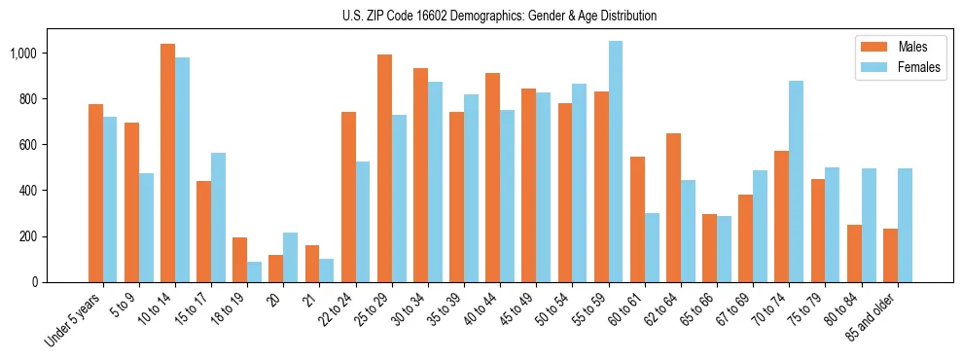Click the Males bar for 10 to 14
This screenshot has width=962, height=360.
(x=167, y=162)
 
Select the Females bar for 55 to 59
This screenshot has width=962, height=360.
(x=616, y=162)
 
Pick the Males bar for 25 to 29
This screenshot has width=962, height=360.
(x=384, y=168)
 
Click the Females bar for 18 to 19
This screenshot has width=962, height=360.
(x=254, y=271)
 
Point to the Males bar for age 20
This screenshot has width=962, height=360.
(x=275, y=269)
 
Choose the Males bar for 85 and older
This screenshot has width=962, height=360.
(x=890, y=255)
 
